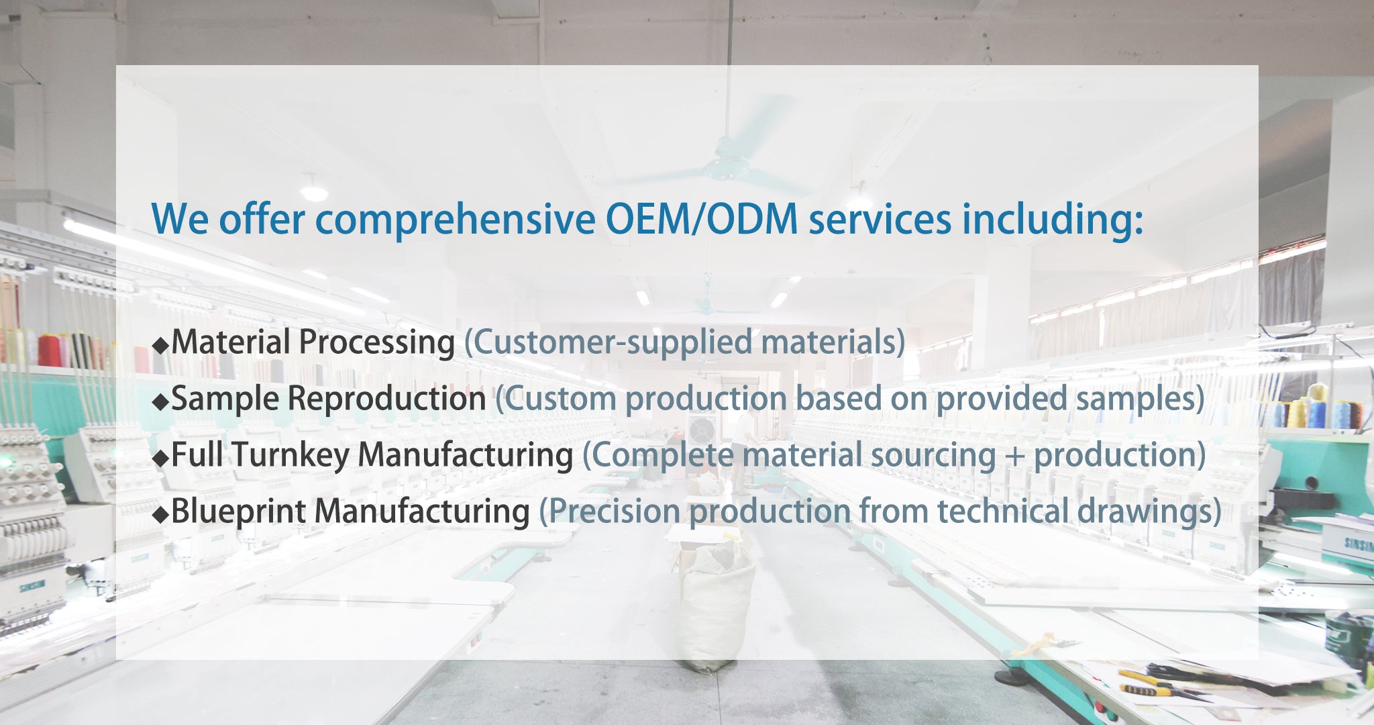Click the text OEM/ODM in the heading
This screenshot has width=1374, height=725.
tap(702, 220)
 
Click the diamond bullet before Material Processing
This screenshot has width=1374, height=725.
tap(160, 346)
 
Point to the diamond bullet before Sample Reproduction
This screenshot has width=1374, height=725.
tap(160, 402)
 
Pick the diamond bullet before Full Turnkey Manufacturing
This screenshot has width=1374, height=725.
tap(160, 458)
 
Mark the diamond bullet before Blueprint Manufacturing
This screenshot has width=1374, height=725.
tap(160, 515)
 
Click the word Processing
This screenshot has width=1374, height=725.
tap(377, 343)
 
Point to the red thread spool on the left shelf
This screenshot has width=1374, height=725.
tap(48, 350)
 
